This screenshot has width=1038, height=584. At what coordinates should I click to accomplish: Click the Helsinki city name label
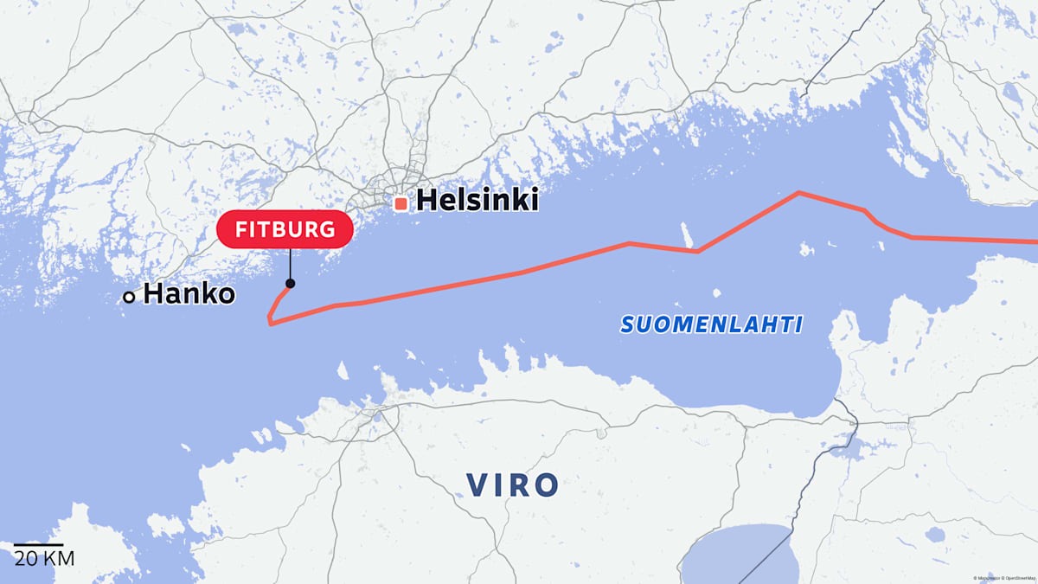click(x=477, y=201)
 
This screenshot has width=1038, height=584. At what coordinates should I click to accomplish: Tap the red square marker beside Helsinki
click(x=400, y=203)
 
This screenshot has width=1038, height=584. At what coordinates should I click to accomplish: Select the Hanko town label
click(x=189, y=294)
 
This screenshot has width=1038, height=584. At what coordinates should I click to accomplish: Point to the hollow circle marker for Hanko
click(x=129, y=297)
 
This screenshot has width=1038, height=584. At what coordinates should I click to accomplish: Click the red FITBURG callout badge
click(x=285, y=230)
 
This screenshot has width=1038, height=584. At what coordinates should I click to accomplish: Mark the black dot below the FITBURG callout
click(x=290, y=284)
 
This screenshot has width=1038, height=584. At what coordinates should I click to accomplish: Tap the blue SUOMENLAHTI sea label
click(x=711, y=325)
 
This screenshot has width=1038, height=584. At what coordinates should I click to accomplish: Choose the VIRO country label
click(x=513, y=485)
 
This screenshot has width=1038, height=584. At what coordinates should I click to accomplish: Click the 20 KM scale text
click(x=45, y=559)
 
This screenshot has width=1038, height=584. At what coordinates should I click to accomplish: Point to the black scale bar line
click(x=38, y=545)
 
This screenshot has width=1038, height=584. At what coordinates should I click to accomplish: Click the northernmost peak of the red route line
click(x=798, y=192)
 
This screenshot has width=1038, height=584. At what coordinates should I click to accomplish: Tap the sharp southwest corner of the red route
click(x=271, y=324)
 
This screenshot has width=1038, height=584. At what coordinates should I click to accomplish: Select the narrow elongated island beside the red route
click(x=688, y=234)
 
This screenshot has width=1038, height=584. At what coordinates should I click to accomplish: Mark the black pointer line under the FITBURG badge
click(x=290, y=265)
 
